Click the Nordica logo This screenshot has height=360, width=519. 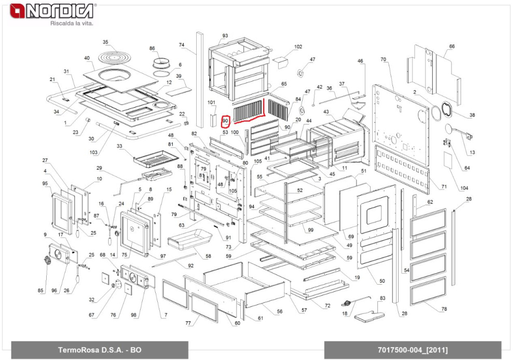pyautogui.click(x=52, y=11)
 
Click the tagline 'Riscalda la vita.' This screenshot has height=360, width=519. pyautogui.click(x=72, y=23)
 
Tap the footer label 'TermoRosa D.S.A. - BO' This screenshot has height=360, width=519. pyautogui.click(x=100, y=350)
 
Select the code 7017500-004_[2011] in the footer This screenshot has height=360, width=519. pyautogui.click(x=413, y=350)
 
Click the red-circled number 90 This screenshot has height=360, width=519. pyautogui.click(x=225, y=121)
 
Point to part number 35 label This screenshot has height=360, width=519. pyautogui.click(x=105, y=42)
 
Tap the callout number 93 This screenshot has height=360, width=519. pyautogui.click(x=225, y=36)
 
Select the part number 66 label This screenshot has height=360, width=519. pyautogui.click(x=452, y=46)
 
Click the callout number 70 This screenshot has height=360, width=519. pyautogui.click(x=384, y=60)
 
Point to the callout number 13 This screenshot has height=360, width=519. pyautogui.click(x=472, y=152)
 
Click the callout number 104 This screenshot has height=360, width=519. pyautogui.click(x=464, y=188)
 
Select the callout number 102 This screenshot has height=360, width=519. pyautogui.click(x=298, y=47)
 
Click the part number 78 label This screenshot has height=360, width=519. pyautogui.click(x=444, y=309)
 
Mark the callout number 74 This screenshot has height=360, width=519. pyautogui.click(x=181, y=45)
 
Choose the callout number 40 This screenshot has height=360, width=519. pyautogui.click(x=87, y=58)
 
